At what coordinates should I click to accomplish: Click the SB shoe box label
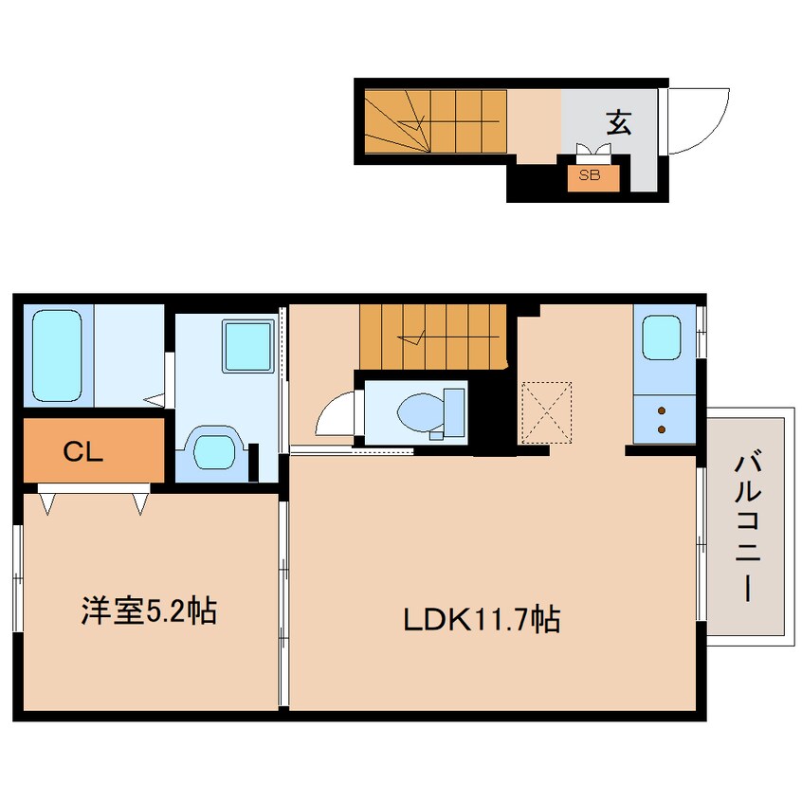tap(589, 175)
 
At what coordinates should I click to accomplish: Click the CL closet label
tap(82, 452)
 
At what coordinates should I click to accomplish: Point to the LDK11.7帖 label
tap(481, 620)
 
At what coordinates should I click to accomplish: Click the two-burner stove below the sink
tap(661, 419)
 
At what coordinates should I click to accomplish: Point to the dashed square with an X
tap(547, 412)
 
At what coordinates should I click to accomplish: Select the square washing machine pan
tap(248, 346)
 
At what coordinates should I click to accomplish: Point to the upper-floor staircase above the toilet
tap(435, 336)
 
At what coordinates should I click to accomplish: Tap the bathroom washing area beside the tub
tap(128, 351)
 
